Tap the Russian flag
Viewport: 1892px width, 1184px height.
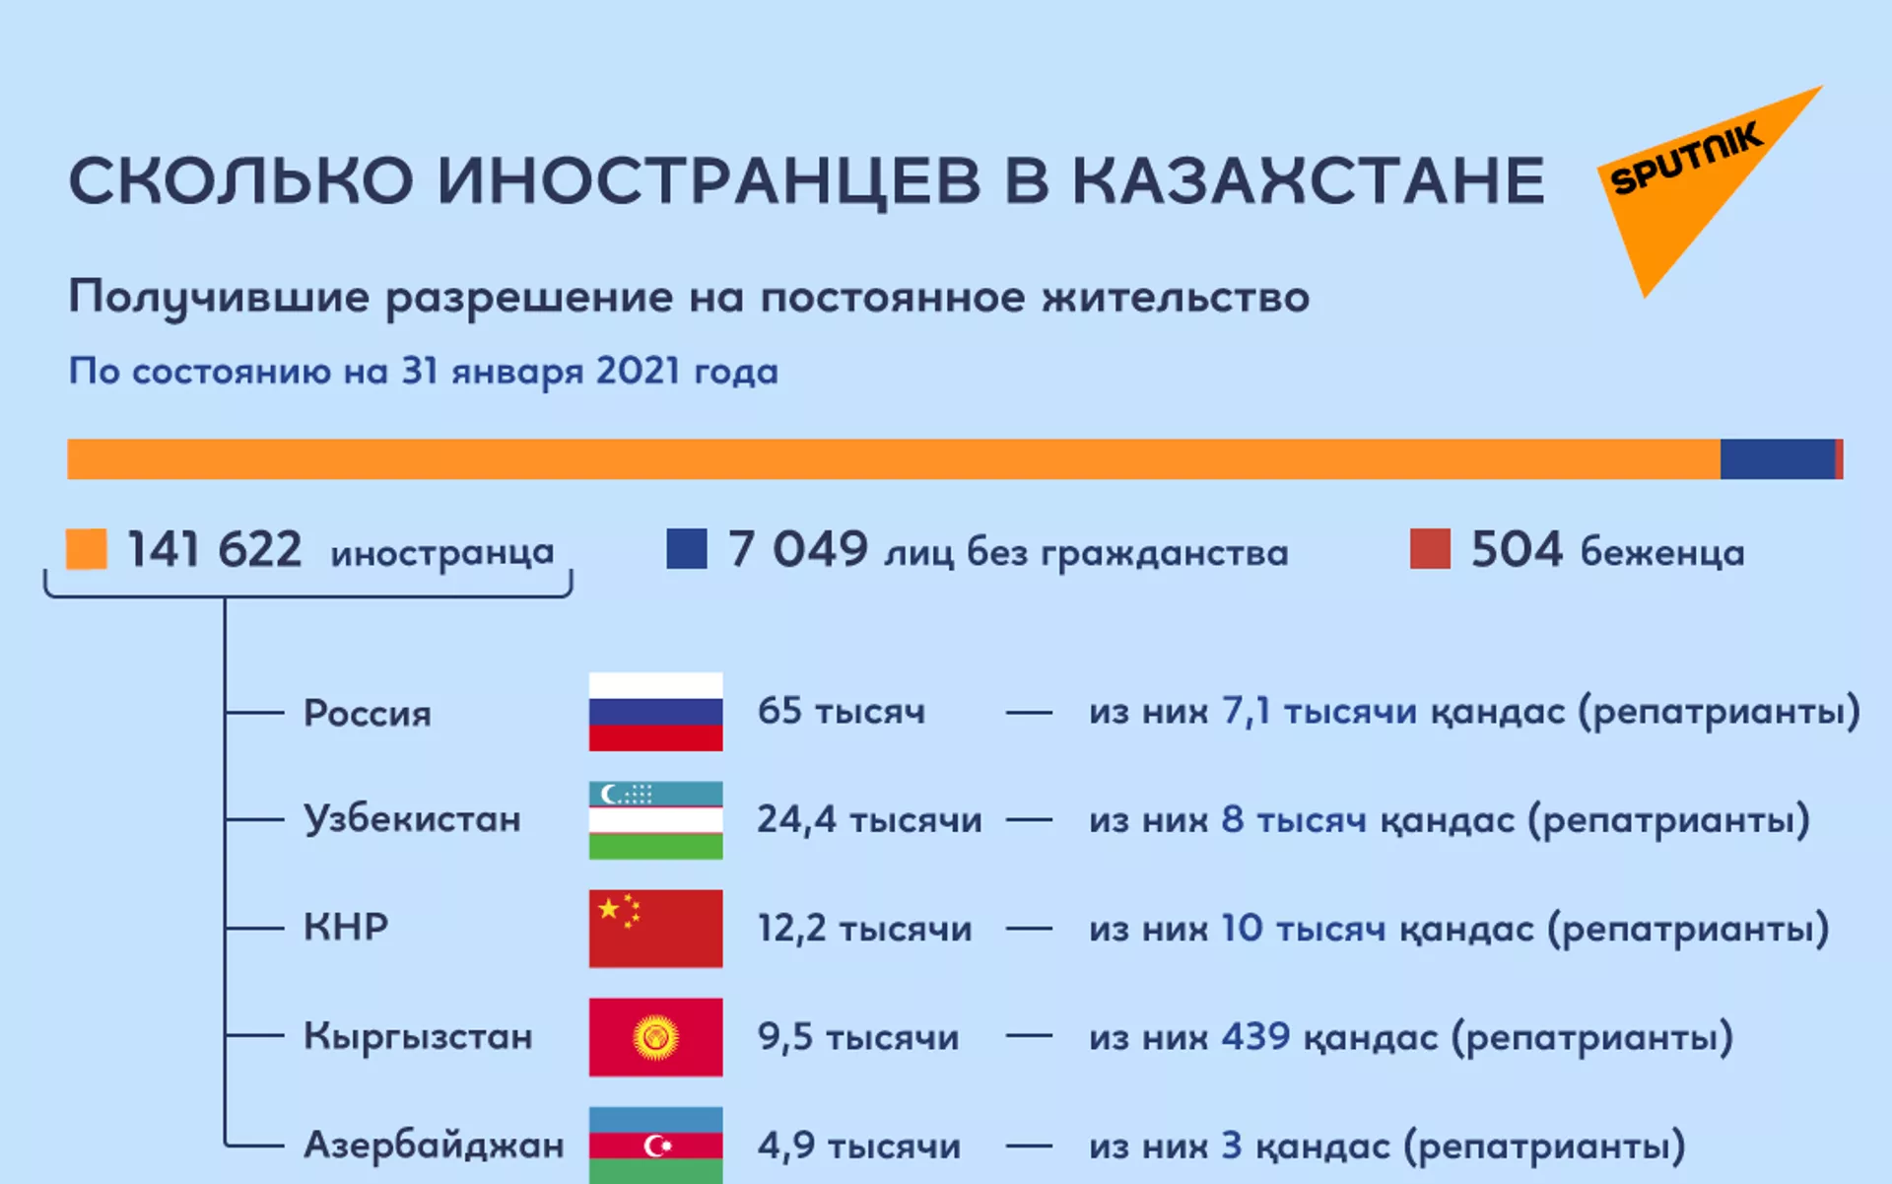tap(655, 712)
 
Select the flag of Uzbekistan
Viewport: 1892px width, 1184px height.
tap(655, 820)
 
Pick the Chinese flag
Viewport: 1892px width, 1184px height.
tap(655, 929)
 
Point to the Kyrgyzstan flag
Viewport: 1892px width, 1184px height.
tap(655, 1037)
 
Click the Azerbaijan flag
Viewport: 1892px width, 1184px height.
tap(655, 1146)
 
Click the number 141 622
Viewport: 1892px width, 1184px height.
tap(214, 549)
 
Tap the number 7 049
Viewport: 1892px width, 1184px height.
tap(797, 549)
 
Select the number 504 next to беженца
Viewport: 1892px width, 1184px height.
tap(1516, 549)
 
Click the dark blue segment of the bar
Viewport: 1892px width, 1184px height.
tap(1778, 459)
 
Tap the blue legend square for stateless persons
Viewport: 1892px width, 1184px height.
tap(687, 549)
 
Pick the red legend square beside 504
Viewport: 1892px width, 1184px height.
tap(1430, 549)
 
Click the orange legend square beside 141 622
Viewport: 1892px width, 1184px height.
tap(87, 549)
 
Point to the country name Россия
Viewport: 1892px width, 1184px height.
tap(368, 713)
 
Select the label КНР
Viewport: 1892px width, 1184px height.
tap(346, 927)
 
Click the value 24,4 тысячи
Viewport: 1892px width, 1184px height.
tap(869, 819)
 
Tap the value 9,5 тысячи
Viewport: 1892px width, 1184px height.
tap(857, 1037)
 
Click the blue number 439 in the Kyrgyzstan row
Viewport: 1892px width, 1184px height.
tap(1255, 1036)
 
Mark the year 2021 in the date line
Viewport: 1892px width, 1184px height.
tap(638, 371)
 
